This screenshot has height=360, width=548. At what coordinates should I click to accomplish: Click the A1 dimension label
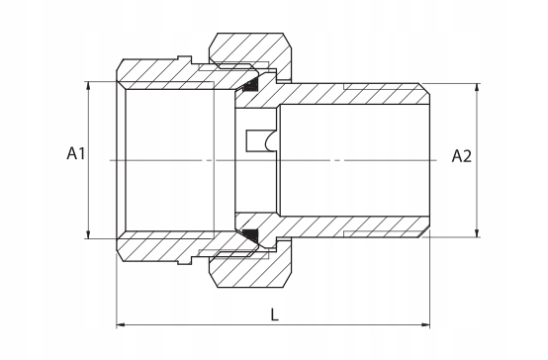pyautogui.click(x=78, y=154)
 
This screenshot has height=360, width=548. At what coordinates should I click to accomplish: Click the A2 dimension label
pyautogui.click(x=462, y=155)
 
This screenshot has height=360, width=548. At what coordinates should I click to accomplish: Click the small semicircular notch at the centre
pyautogui.click(x=268, y=142)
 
